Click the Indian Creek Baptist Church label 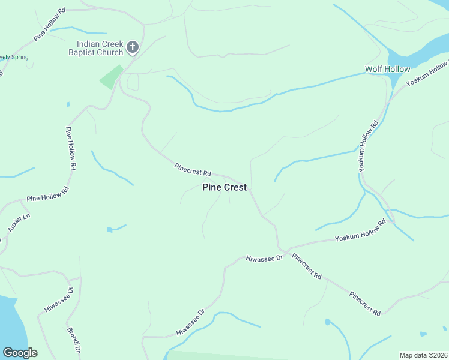coord(100,48)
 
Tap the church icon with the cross coord(133,47)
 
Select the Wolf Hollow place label coord(388,70)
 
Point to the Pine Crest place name coord(224,187)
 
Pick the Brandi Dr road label coord(74,340)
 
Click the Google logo coord(20,353)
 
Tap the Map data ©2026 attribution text coord(423,355)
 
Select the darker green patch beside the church coord(111,77)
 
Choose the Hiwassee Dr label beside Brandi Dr coord(58,300)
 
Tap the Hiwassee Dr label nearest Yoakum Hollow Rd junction coord(264,259)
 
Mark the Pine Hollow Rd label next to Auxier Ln coord(48,193)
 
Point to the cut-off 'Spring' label coord(13,57)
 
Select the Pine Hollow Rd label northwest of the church coord(49,25)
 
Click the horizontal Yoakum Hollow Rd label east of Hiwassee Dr coord(360,230)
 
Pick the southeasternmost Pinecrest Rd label coord(365,304)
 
